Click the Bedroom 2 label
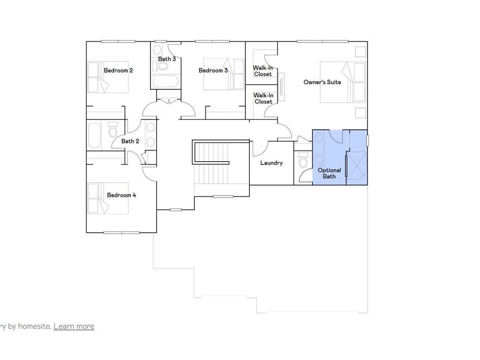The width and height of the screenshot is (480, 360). pos(118,70)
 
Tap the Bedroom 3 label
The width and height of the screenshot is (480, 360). pos(213,70)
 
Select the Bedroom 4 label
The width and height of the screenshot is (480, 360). pos(121,195)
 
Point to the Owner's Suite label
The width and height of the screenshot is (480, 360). pos(322,82)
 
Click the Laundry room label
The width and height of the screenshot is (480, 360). pos(271,163)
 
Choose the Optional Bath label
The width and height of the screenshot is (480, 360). pos(329,173)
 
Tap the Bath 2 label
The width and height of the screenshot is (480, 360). pos(130,141)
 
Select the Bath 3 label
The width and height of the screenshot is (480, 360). pos(167,59)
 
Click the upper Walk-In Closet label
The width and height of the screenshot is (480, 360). pos(263,71)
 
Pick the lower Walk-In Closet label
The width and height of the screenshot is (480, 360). pos(263,98)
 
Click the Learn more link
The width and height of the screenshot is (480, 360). pos(74,326)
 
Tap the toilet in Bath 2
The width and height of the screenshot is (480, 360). pos(113,130)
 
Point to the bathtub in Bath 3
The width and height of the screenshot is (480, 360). pos(166,82)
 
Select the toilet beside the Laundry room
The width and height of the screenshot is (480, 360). pos(303,161)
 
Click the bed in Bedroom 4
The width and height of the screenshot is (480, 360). pos(108,198)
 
